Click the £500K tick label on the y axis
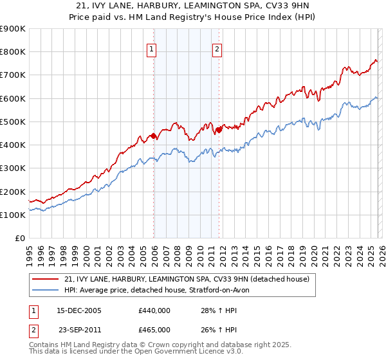click(13, 122)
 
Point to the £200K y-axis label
click(13, 192)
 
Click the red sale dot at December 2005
click(153, 136)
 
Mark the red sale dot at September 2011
click(219, 130)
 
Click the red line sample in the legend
click(46, 279)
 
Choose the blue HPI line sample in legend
click(46, 291)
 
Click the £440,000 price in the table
click(154, 310)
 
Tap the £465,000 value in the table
click(154, 329)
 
